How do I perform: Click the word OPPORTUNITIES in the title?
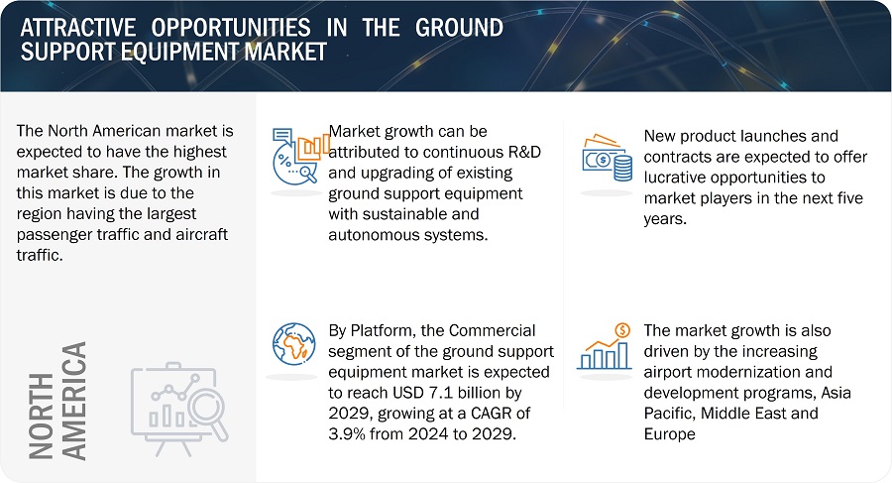coord(231,28)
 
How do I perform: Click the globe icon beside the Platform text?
coord(293,344)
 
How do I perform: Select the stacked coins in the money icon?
coord(623,168)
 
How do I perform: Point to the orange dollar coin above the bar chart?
coord(623,330)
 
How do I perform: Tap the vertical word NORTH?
coord(41,416)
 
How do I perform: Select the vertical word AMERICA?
coord(74,401)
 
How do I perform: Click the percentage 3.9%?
coord(347,434)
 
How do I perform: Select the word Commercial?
coord(493,330)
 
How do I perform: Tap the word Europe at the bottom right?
coord(670,434)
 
